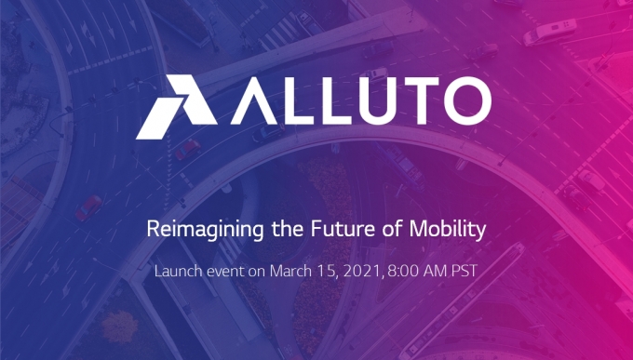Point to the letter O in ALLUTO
(468, 100)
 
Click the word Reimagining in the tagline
(205, 230)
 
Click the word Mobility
(448, 230)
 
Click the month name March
(290, 271)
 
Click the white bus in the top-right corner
(549, 32)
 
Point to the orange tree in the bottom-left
(119, 327)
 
